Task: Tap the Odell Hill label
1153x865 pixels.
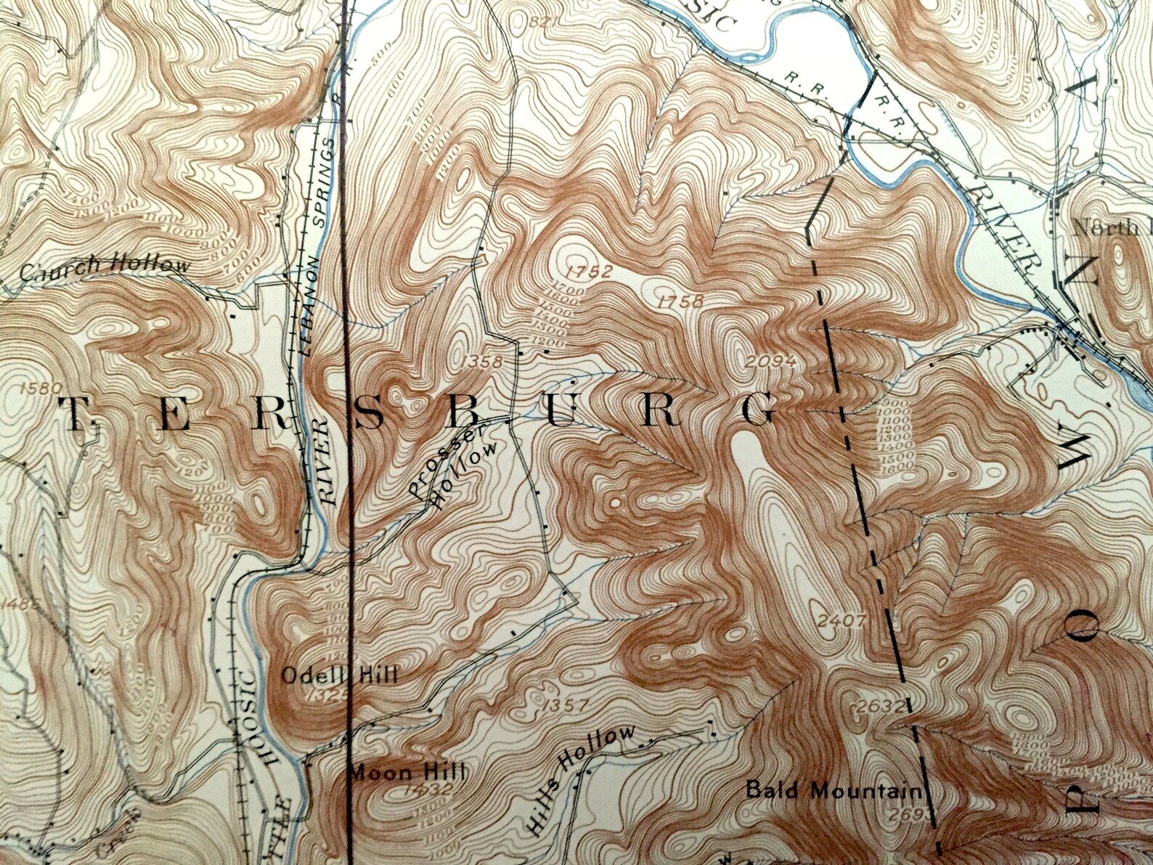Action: pyautogui.click(x=339, y=675)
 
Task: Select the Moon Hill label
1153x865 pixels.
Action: pyautogui.click(x=407, y=772)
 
